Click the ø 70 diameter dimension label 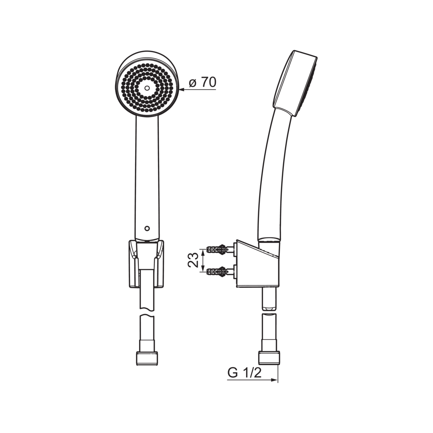(x=203, y=82)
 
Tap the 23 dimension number (x=193, y=260)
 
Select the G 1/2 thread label (x=245, y=373)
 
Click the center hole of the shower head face (x=147, y=88)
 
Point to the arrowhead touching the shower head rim (x=182, y=89)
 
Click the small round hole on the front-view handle (x=147, y=229)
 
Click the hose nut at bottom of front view (x=147, y=358)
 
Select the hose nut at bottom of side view (x=269, y=358)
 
